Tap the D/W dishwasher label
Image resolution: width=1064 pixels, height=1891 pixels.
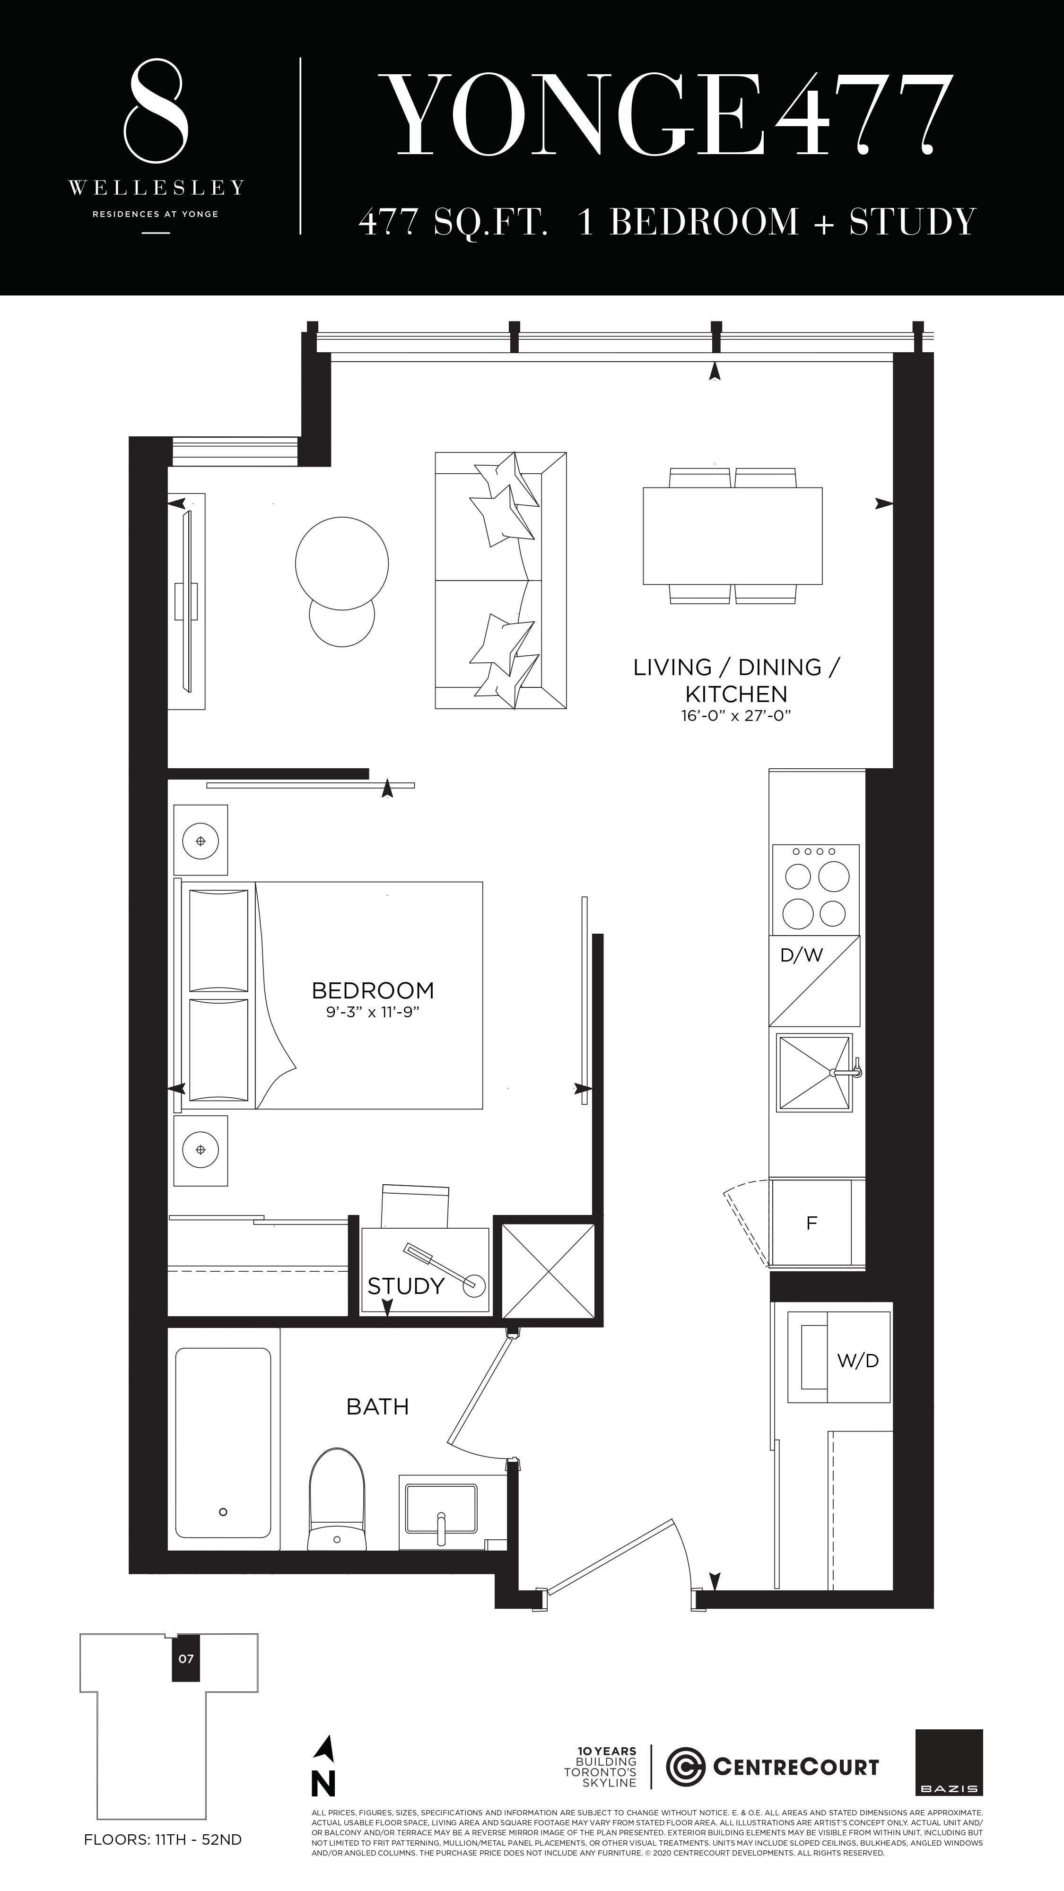pos(801,955)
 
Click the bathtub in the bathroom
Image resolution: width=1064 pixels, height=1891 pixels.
pos(223,1442)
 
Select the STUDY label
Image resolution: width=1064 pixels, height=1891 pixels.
pos(405,1286)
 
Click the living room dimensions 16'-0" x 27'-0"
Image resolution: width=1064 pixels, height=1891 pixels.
pos(736,715)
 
